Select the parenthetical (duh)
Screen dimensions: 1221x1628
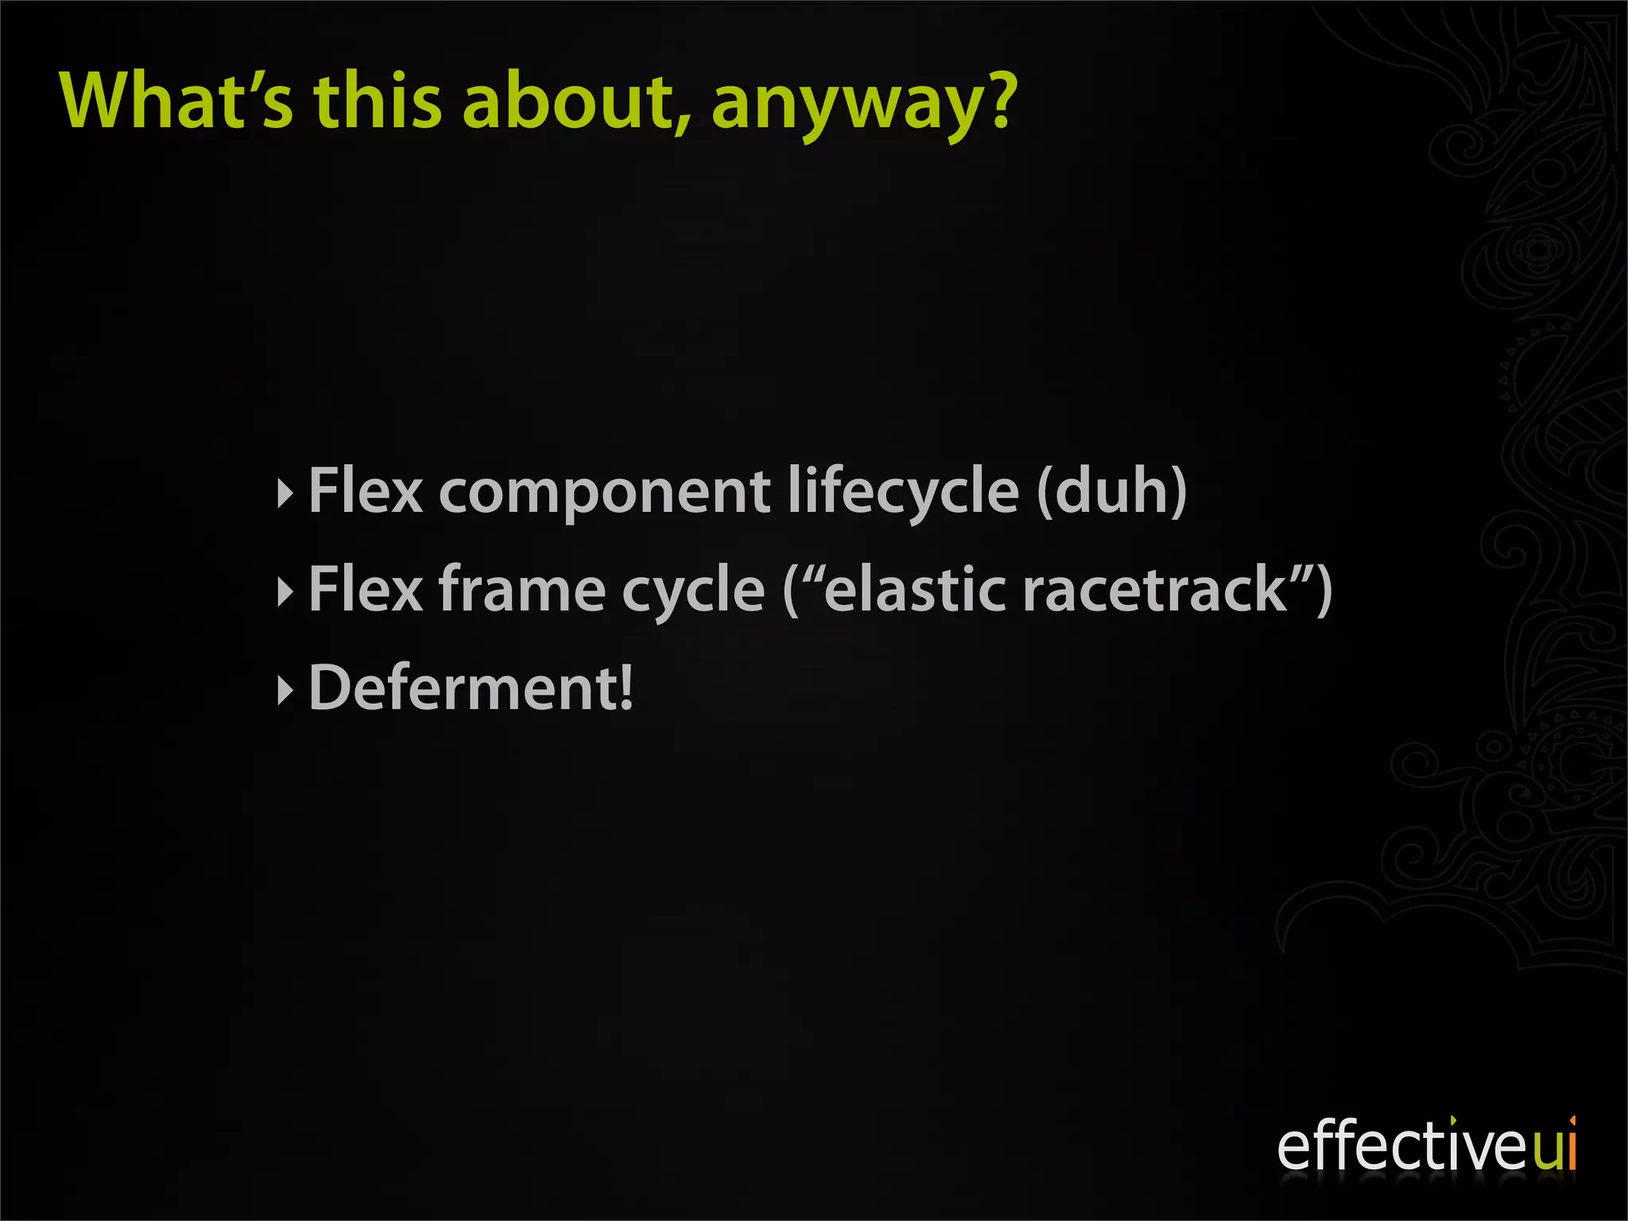[1112, 491]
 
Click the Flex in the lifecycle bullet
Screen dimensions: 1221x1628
[366, 491]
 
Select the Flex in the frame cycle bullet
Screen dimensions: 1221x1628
[366, 590]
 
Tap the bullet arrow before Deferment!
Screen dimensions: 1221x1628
[285, 689]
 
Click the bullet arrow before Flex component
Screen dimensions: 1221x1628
[285, 493]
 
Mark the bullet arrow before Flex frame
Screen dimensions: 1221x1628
[285, 591]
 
